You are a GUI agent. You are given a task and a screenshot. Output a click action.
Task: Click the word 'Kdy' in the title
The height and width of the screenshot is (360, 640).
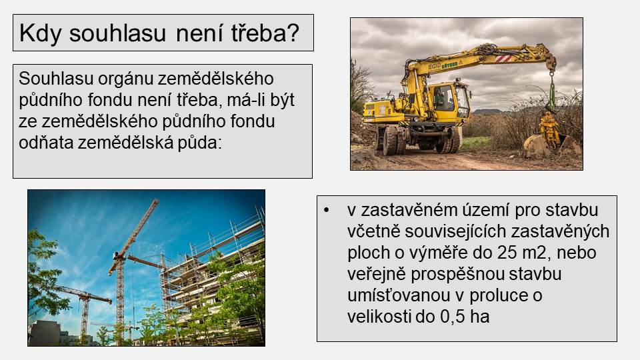coord(40,33)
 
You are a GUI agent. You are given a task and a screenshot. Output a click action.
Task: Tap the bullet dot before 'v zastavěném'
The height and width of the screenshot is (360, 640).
coord(326,210)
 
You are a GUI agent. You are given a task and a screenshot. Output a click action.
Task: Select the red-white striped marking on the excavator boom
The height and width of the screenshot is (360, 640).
coord(503,59)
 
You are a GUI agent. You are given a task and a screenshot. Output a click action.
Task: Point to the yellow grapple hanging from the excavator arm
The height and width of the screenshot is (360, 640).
coord(549,129)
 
